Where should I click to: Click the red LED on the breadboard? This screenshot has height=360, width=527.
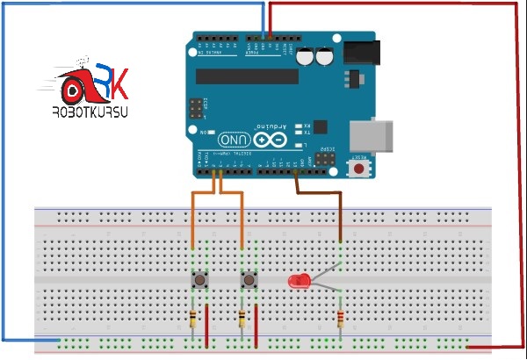tap(299, 282)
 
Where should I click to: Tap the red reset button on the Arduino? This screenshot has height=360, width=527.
tap(359, 166)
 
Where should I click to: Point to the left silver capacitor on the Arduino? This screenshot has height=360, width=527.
tap(305, 57)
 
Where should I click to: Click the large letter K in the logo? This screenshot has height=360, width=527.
tap(119, 83)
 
